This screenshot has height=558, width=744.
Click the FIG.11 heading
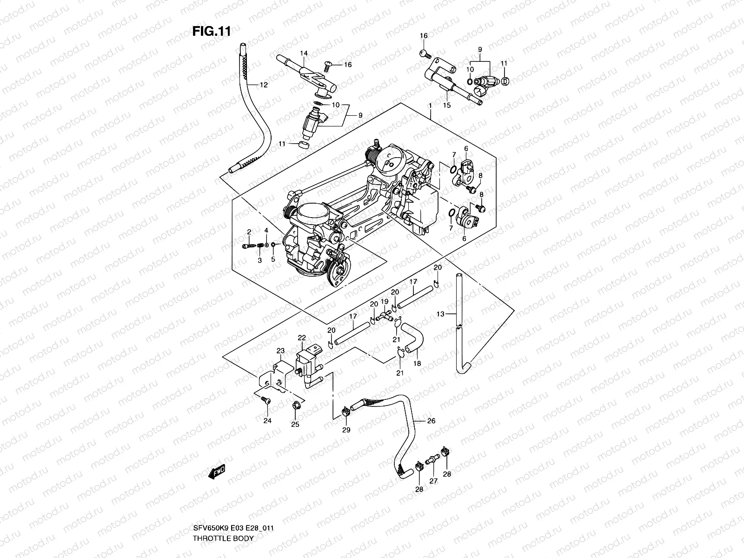pos(212,31)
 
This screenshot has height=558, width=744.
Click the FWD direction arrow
pos(217,472)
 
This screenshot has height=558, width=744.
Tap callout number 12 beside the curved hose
pos(264,85)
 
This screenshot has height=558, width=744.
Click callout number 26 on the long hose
pos(431,421)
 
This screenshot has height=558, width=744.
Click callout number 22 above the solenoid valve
pos(302,338)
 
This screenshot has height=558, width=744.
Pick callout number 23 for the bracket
pos(280,351)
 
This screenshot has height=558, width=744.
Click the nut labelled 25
pos(295,406)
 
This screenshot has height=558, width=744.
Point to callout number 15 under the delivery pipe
pos(446,106)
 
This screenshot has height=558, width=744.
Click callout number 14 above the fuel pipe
pos(304,53)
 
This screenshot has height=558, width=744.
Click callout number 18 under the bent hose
pos(417,363)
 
